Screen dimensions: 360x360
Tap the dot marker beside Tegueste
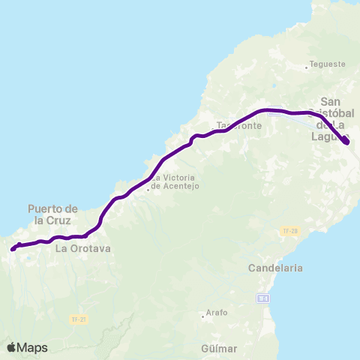307,68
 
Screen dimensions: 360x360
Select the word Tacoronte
239,126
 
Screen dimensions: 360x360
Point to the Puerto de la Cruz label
52,214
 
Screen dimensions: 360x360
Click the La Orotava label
83,247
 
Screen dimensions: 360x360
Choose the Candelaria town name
277,267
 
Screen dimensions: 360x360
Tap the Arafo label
217,312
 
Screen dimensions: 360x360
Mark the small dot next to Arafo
203,316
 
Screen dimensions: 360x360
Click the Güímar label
219,349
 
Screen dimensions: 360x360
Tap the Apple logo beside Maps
11,347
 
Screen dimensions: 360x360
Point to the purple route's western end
13,248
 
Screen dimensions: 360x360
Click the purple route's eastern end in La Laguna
346,142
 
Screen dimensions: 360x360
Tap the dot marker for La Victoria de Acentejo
148,189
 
